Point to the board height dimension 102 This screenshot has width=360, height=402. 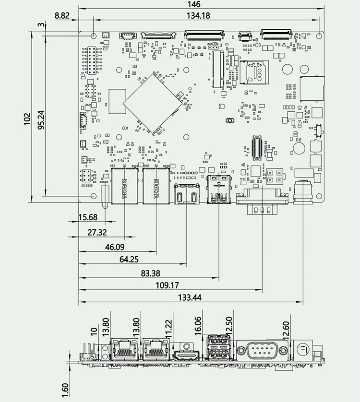tap(27, 119)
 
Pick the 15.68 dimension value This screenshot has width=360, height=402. tap(87, 217)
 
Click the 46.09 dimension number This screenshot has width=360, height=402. tap(115, 247)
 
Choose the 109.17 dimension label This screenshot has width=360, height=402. tap(168, 285)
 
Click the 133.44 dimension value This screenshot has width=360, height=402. tap(190, 297)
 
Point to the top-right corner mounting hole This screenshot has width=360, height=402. tap(320, 35)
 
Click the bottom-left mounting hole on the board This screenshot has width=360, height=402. tap(94, 197)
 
